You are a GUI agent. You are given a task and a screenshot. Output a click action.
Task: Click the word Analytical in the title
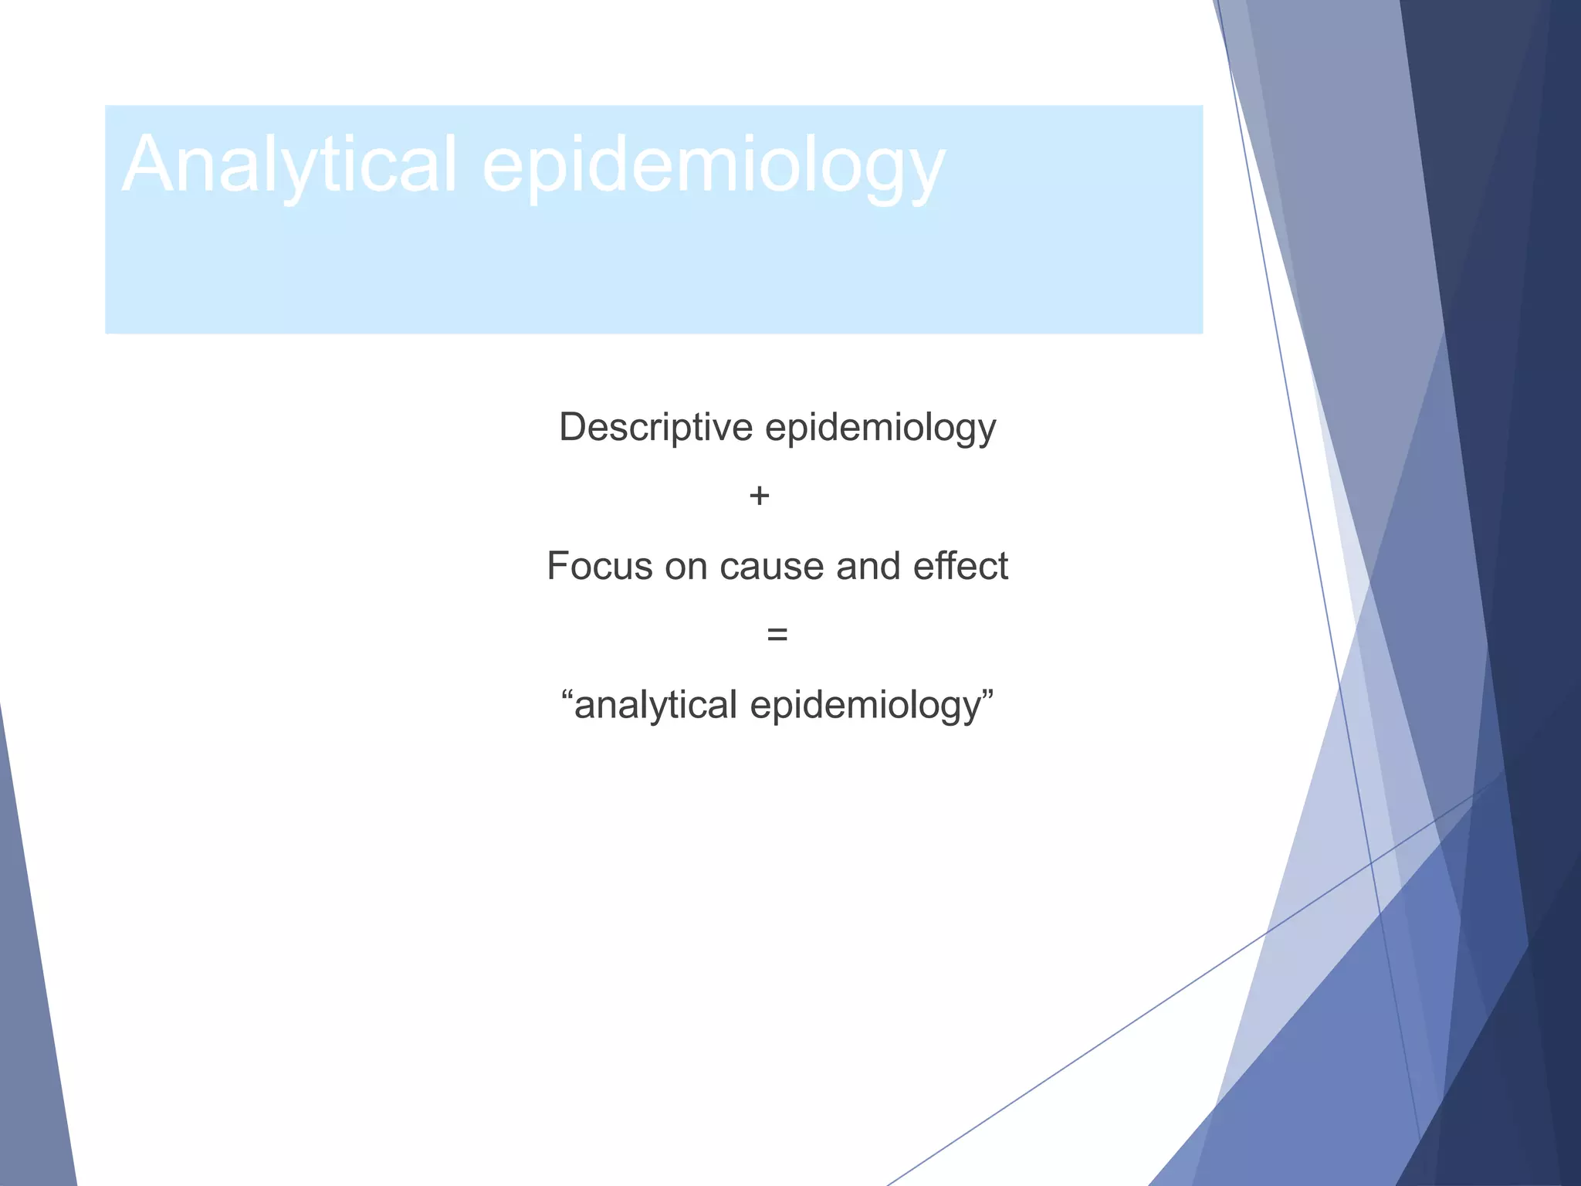pos(289,164)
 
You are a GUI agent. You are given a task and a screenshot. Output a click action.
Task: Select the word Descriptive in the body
pos(655,427)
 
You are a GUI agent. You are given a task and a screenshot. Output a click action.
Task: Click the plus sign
pos(759,496)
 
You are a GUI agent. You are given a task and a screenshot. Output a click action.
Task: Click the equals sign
pos(777,635)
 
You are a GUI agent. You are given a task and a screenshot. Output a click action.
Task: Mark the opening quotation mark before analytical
pos(567,693)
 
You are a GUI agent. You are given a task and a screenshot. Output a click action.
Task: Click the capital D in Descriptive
pos(573,427)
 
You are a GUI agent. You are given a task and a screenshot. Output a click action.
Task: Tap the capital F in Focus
pos(557,566)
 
